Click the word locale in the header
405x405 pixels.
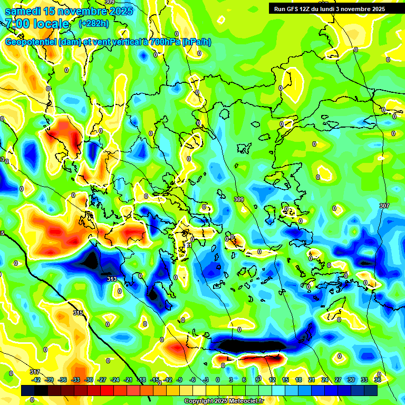tap(52, 24)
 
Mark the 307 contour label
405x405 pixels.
tap(384, 205)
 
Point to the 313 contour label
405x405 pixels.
tap(112, 279)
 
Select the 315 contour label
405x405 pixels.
tap(78, 313)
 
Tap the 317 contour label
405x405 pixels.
tap(35, 372)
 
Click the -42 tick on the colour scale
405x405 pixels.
tap(36, 380)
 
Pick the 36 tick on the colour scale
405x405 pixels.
tap(378, 380)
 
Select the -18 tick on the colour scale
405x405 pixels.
tap(141, 380)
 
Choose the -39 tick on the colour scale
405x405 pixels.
tap(49, 380)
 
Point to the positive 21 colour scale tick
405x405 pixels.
tap(311, 380)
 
